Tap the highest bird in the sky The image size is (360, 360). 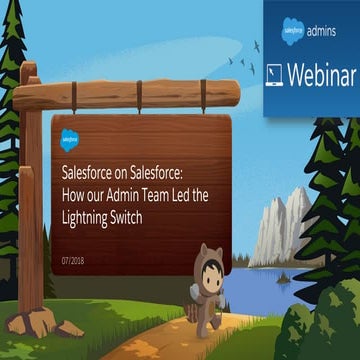point(258,45)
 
